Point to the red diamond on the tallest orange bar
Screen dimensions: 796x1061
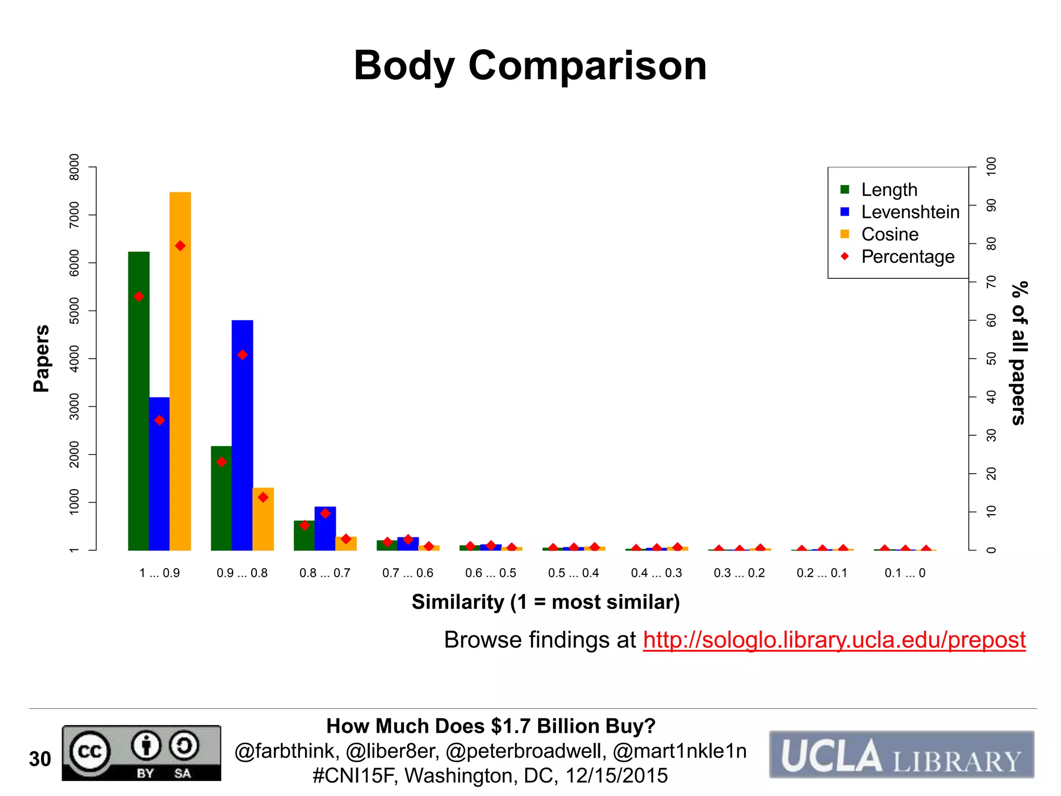pyautogui.click(x=180, y=246)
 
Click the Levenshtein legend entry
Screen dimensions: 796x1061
pyautogui.click(x=910, y=212)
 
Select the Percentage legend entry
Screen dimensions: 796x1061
pyautogui.click(x=907, y=257)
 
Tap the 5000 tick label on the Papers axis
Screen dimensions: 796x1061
pyautogui.click(x=75, y=310)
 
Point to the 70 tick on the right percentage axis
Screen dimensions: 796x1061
pyautogui.click(x=991, y=282)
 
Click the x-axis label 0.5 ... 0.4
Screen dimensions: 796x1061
pyautogui.click(x=573, y=573)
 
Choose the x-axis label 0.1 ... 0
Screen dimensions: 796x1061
pyautogui.click(x=905, y=573)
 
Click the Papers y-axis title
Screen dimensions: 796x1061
pyautogui.click(x=41, y=359)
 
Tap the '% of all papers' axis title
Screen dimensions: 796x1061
pyautogui.click(x=1019, y=353)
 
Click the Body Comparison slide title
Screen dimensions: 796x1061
pyautogui.click(x=530, y=66)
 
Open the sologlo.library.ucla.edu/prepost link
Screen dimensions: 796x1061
pyautogui.click(x=834, y=640)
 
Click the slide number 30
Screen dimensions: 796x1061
pyautogui.click(x=40, y=759)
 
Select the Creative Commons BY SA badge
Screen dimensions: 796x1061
pyautogui.click(x=141, y=753)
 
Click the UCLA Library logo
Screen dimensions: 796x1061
pyautogui.click(x=901, y=755)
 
